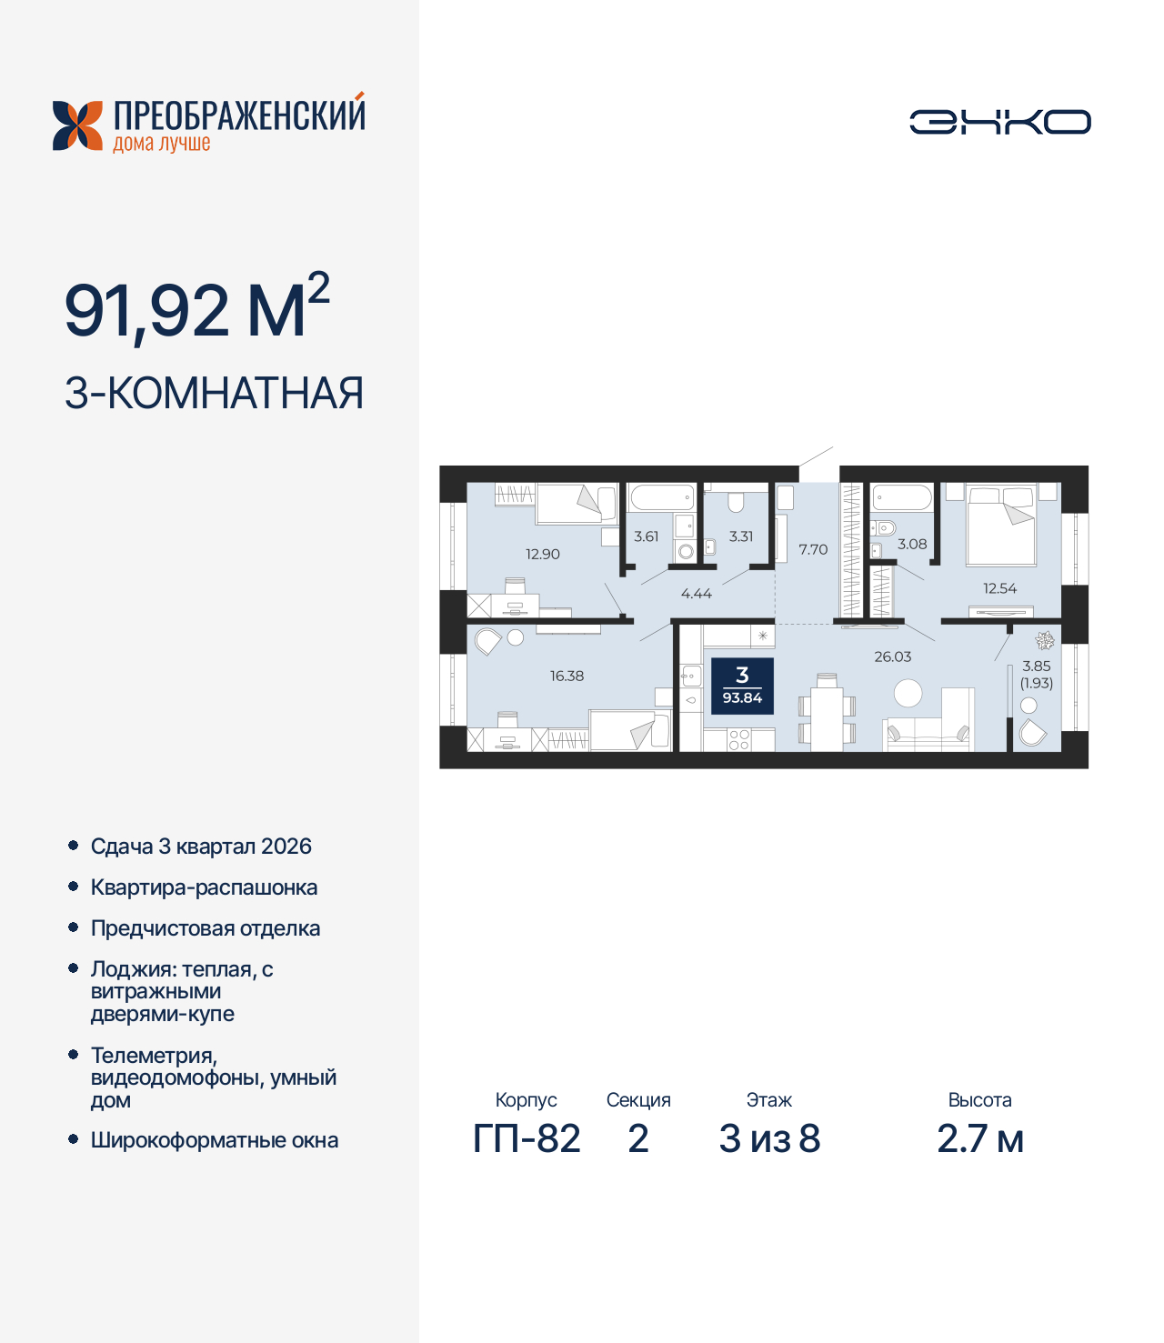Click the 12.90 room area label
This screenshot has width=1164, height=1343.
point(542,555)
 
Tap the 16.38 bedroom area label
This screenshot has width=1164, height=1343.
point(567,676)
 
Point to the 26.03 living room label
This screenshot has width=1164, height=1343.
point(892,656)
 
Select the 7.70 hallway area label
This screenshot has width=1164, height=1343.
point(813,549)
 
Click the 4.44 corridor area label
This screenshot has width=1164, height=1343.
point(696,593)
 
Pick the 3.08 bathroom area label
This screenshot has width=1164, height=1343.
point(912,544)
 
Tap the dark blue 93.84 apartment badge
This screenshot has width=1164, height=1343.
point(742,686)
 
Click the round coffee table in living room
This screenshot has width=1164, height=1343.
point(908,693)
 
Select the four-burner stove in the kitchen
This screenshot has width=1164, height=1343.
point(739,740)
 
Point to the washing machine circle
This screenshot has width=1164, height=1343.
point(685,552)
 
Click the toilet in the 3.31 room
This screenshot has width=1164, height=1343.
point(736,503)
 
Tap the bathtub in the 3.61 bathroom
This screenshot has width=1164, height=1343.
point(662,497)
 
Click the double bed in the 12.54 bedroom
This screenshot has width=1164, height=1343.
point(1000,525)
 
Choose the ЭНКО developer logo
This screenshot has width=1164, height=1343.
point(999,122)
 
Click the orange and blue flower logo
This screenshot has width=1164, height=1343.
point(77,125)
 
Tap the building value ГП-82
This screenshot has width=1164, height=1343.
point(527,1138)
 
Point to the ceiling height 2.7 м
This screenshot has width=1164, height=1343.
point(980,1138)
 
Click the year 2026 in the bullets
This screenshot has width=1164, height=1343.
point(286,846)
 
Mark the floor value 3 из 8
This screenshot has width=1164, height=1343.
point(769,1138)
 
